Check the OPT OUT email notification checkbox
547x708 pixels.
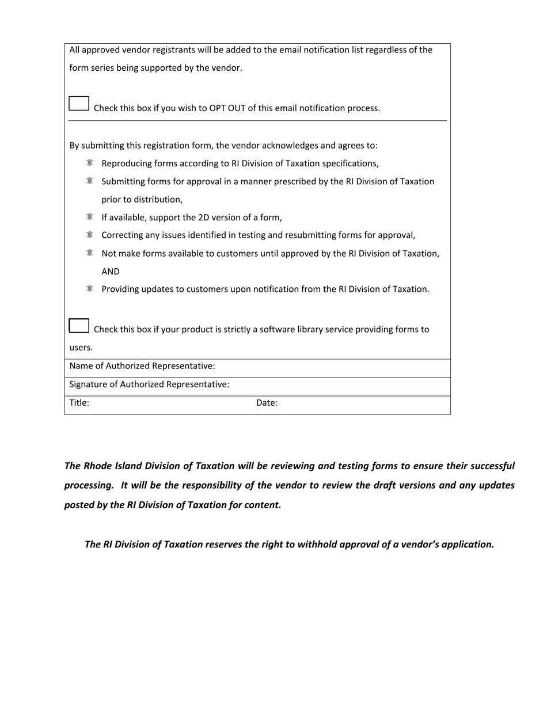coord(79,104)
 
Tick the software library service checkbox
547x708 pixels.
coord(79,326)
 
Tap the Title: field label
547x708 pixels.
coord(79,403)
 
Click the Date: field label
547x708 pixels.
coord(267,403)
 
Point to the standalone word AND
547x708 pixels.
coord(111,272)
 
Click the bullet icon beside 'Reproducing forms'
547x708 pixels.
coord(90,163)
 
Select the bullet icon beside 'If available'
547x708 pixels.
coord(90,217)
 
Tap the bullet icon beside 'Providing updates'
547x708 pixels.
coord(90,289)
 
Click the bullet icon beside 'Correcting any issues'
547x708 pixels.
coord(90,235)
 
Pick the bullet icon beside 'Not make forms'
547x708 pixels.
coord(90,253)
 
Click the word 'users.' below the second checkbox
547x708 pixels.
coord(81,348)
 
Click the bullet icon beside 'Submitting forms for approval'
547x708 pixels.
coord(90,181)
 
